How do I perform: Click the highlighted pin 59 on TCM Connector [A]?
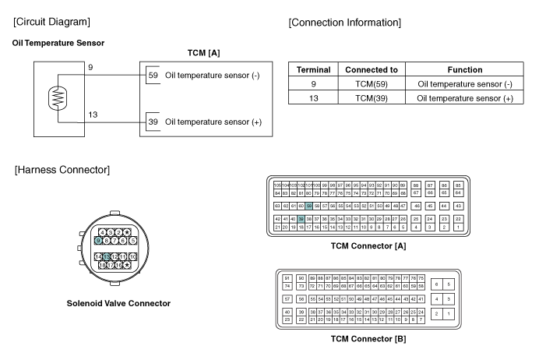[x=308, y=206]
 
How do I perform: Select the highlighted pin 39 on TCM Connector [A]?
[x=301, y=220]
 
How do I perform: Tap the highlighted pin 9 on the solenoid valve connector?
[x=98, y=241]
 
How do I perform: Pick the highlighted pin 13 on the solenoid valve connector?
[x=106, y=256]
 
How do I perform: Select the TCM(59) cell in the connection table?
[x=372, y=83]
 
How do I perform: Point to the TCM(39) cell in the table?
[x=372, y=97]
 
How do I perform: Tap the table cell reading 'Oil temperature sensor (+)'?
[x=466, y=97]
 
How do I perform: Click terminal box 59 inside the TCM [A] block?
[x=153, y=76]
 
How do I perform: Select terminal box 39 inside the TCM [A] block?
[x=153, y=122]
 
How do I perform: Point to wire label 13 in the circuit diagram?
[x=93, y=115]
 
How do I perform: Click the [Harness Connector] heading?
[x=62, y=169]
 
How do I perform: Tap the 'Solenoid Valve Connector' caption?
[x=118, y=303]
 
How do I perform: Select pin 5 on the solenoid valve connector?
[x=133, y=241]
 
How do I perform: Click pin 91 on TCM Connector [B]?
[x=287, y=278]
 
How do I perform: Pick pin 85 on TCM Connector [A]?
[x=458, y=185]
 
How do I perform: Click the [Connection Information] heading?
[x=345, y=23]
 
